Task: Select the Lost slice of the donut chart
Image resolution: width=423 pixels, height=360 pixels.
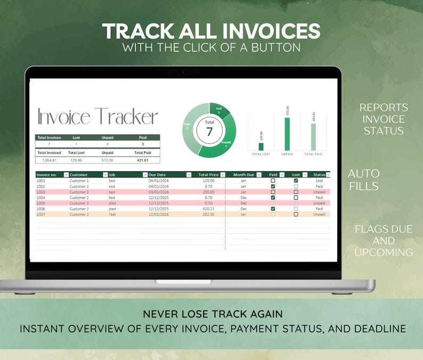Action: pyautogui.click(x=219, y=110)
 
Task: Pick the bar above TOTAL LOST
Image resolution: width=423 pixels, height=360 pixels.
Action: pyautogui.click(x=261, y=146)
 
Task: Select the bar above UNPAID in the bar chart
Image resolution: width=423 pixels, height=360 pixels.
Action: pyautogui.click(x=288, y=134)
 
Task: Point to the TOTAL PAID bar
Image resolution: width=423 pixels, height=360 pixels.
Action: pyautogui.click(x=313, y=137)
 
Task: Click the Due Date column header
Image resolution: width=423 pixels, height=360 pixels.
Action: pyautogui.click(x=158, y=175)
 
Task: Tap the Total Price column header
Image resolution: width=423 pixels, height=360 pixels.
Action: pyautogui.click(x=208, y=175)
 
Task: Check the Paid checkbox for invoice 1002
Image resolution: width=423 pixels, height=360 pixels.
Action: pyautogui.click(x=273, y=186)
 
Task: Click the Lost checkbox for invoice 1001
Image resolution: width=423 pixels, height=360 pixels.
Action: pyautogui.click(x=296, y=181)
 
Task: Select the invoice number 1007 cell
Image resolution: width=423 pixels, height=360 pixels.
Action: pyautogui.click(x=40, y=214)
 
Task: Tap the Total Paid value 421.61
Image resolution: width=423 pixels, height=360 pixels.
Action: pyautogui.click(x=142, y=160)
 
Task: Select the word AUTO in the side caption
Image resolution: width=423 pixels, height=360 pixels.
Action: pyautogui.click(x=364, y=174)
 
